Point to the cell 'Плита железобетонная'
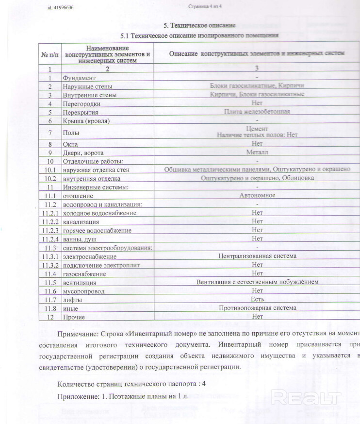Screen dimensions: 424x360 coord(257,112)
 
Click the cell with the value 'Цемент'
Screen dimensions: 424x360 coord(257,129)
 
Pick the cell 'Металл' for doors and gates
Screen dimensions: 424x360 coord(257,152)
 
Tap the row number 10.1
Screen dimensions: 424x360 coord(50,170)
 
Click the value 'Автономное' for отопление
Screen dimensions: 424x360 coord(257,195)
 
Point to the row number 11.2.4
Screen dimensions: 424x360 coord(50,239)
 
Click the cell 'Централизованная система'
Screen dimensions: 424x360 coord(257,256)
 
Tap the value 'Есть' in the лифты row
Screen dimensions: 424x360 coord(257,299)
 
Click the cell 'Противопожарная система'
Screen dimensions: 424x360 coord(257,308)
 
